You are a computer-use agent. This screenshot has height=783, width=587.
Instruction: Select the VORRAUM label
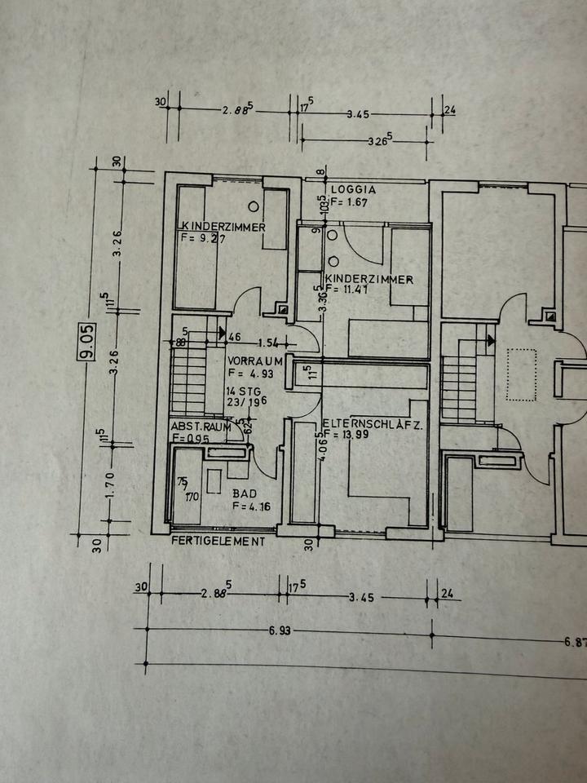[x=255, y=360]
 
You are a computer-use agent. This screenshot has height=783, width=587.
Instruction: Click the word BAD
[x=244, y=493]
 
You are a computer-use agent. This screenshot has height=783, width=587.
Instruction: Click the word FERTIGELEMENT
[x=218, y=540]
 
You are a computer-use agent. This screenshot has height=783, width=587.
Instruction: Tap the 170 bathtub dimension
[x=192, y=496]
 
